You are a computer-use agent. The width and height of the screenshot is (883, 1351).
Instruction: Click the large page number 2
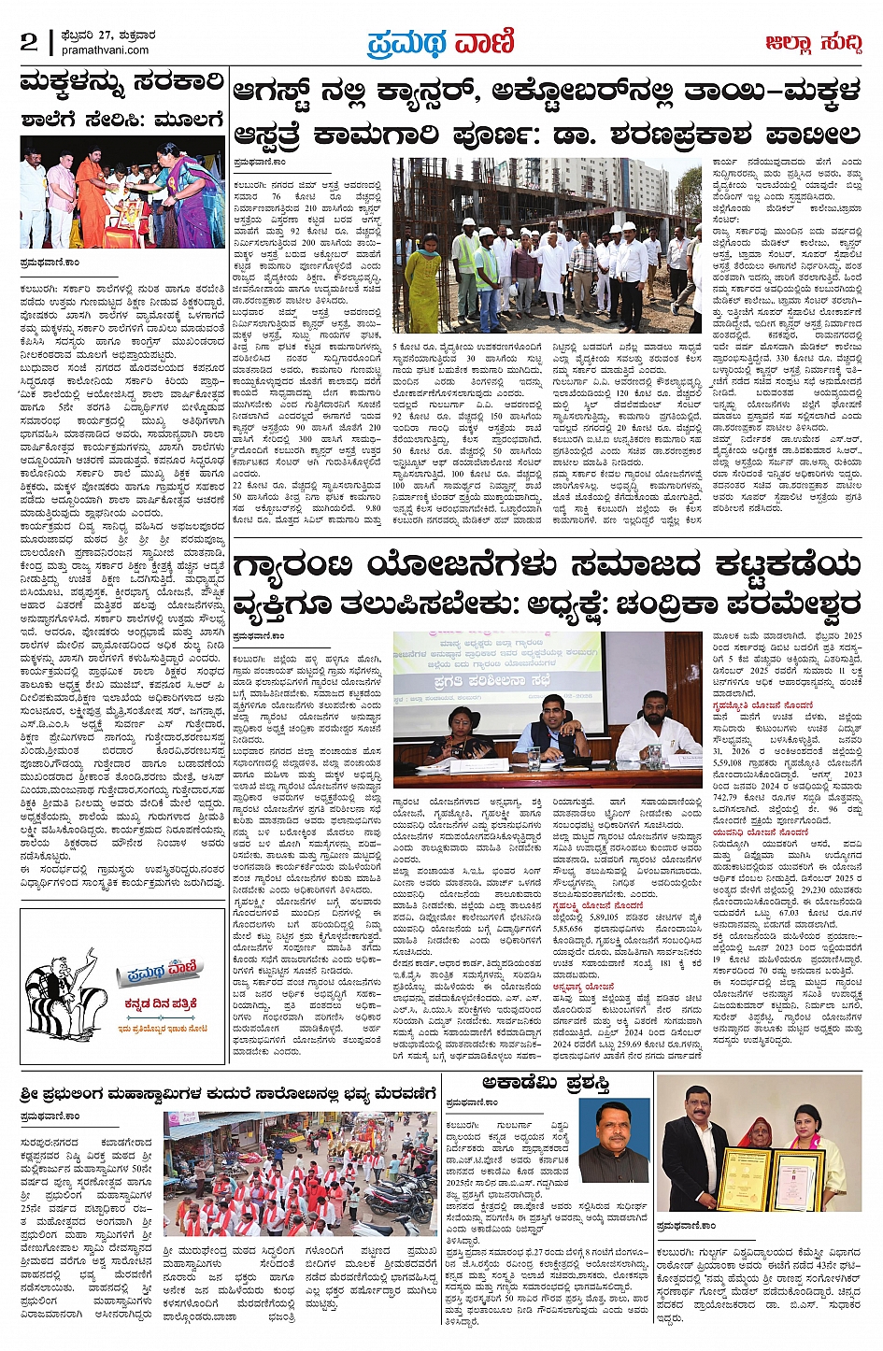pyautogui.click(x=29, y=42)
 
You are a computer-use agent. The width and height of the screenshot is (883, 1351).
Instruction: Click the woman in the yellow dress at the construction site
pyautogui.click(x=422, y=280)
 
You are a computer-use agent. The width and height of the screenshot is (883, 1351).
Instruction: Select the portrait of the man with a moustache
pyautogui.click(x=612, y=1142)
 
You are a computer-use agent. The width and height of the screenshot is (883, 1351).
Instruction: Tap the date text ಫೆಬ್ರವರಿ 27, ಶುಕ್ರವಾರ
pyautogui.click(x=102, y=36)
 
